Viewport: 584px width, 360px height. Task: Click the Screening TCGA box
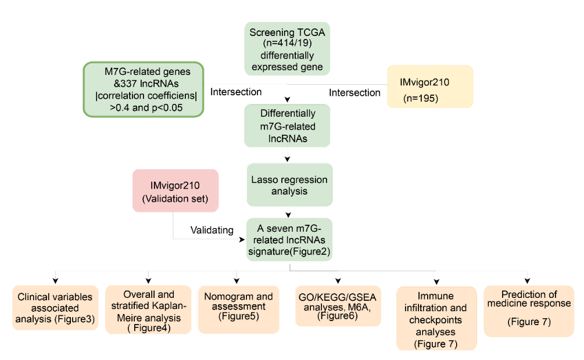point(287,49)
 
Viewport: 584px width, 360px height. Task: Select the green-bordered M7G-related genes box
point(144,89)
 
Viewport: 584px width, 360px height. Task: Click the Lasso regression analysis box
point(289,185)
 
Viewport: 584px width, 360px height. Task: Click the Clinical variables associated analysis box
point(55,308)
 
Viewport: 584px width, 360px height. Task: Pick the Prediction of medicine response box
point(529,311)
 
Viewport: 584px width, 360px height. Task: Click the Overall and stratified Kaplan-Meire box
point(148,309)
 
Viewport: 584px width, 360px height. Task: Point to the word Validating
point(212,231)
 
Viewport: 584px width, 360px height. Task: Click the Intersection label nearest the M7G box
point(236,92)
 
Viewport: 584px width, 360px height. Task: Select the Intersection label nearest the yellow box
point(354,92)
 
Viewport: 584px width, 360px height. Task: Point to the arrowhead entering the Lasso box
point(287,159)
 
